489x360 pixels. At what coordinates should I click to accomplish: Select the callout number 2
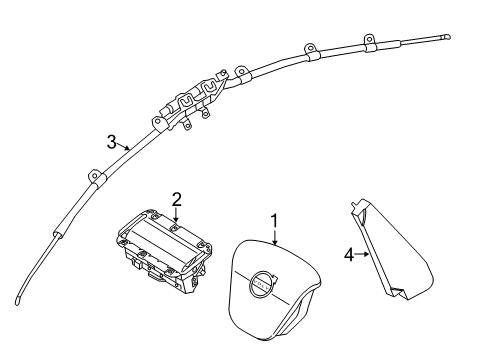point(175,198)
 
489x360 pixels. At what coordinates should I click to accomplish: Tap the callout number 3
point(112,140)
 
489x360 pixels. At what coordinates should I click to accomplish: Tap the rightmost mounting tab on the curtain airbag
point(367,42)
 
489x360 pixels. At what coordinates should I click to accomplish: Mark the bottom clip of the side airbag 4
point(398,292)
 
